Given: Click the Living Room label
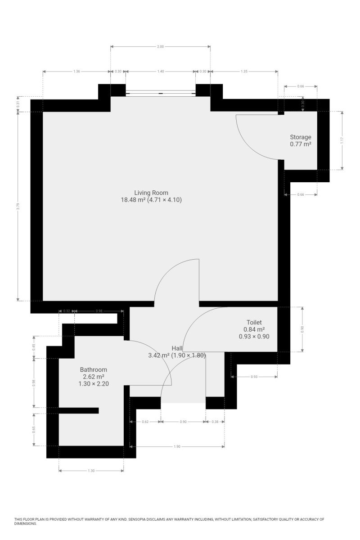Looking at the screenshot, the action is point(151,193).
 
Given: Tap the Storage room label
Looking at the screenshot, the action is point(301,137).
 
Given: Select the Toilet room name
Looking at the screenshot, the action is point(254,322).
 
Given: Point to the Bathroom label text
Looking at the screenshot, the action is point(93,369).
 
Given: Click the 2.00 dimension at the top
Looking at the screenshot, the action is point(160,46).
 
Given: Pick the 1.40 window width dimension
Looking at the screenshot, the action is point(161,72).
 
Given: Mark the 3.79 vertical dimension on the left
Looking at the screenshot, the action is point(18,207).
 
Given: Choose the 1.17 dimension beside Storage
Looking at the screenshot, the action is point(342,140).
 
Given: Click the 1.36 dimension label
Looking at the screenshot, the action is point(76,72).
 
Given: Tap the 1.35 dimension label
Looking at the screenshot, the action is point(244,72).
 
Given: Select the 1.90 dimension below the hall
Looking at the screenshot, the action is point(177,446).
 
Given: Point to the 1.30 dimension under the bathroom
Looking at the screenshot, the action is point(91,471).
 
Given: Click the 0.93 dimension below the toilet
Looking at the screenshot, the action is point(254,377).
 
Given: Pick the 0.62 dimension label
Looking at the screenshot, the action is point(145,422).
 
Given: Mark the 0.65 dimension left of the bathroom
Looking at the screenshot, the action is point(34,430).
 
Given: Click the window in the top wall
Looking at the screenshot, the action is point(161,93).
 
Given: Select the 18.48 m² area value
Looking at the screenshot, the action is point(133,200).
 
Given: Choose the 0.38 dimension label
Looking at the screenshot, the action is point(215,422).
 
